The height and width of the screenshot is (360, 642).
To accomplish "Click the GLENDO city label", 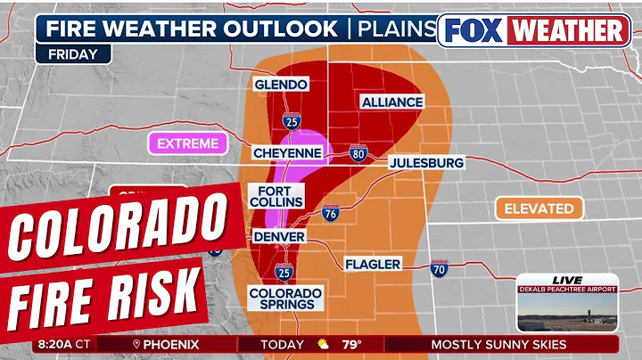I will point(281,85).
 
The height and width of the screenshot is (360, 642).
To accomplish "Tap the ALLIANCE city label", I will point(391,102).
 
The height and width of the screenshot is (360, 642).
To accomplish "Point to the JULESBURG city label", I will point(426,164).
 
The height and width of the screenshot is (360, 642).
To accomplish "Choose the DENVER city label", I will point(279,237).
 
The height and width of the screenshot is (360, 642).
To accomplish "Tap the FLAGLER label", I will point(373,264).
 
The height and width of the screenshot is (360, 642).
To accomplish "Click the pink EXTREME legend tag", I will point(186,143).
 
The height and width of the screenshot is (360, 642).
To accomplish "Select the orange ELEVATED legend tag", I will point(539,209).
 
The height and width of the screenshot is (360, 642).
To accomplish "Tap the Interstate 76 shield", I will point(330,213).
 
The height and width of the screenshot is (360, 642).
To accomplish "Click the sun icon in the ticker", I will point(324,344).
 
